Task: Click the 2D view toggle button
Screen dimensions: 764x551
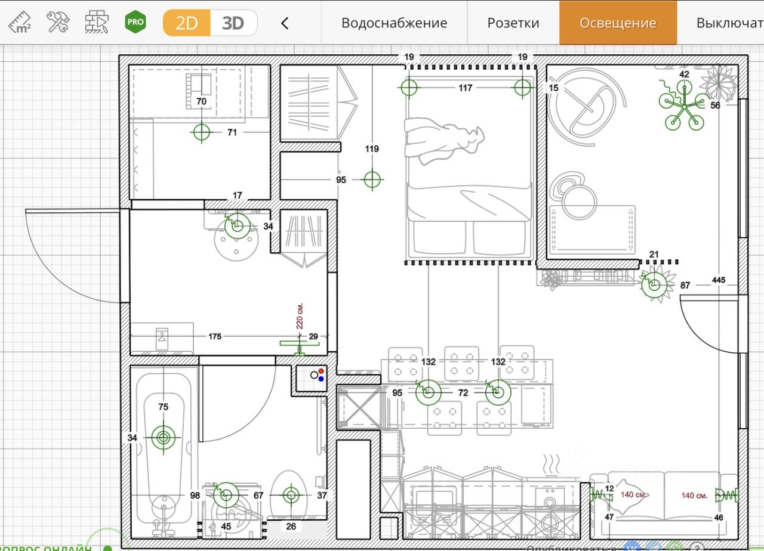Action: click(x=187, y=23)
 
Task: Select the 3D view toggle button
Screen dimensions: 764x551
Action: click(x=233, y=23)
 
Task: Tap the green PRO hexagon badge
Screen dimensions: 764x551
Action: click(x=135, y=22)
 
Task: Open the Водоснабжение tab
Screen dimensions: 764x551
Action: click(x=394, y=23)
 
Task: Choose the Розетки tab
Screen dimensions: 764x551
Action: click(x=513, y=23)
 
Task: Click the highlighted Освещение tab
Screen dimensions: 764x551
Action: click(x=618, y=23)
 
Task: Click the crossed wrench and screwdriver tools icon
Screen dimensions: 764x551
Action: click(x=58, y=22)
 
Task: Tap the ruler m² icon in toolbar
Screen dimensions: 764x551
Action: click(x=20, y=22)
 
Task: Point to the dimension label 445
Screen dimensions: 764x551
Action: click(x=719, y=280)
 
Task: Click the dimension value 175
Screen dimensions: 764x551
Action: click(x=215, y=336)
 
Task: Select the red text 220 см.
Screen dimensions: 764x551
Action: click(x=300, y=315)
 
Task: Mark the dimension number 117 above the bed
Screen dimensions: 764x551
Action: click(x=466, y=88)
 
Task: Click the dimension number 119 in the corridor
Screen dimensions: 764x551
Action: click(x=372, y=149)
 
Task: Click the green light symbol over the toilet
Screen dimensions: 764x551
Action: click(x=291, y=494)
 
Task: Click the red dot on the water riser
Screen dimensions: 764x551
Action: click(x=321, y=371)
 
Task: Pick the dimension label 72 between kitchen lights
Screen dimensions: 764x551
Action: click(x=463, y=392)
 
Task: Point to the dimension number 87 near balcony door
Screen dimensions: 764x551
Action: click(x=685, y=286)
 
